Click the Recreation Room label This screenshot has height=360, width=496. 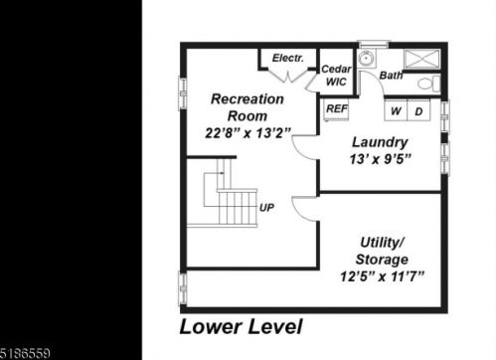coord(248,107)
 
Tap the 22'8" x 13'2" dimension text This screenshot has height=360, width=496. coord(248,133)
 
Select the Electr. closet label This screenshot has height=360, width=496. coord(288,58)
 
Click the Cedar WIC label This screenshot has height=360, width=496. coord(336,76)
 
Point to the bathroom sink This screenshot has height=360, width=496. coord(367,60)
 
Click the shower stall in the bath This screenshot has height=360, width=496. coord(422,60)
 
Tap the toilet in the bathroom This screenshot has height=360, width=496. coord(428,84)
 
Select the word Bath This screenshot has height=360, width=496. coord(391,76)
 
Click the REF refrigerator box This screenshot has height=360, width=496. coord(336,109)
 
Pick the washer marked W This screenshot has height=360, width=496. coord(396,110)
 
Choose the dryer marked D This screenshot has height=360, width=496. coord(418,110)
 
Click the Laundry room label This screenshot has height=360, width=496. coord(380,142)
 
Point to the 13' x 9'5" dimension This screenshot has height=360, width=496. coord(380,159)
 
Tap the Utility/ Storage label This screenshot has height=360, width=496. coord(382,251)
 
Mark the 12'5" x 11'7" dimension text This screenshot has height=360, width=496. coord(382,276)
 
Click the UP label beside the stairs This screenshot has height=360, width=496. coord(266,208)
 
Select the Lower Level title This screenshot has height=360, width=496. coord(241,327)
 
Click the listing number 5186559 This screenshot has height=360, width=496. coord(25,353)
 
